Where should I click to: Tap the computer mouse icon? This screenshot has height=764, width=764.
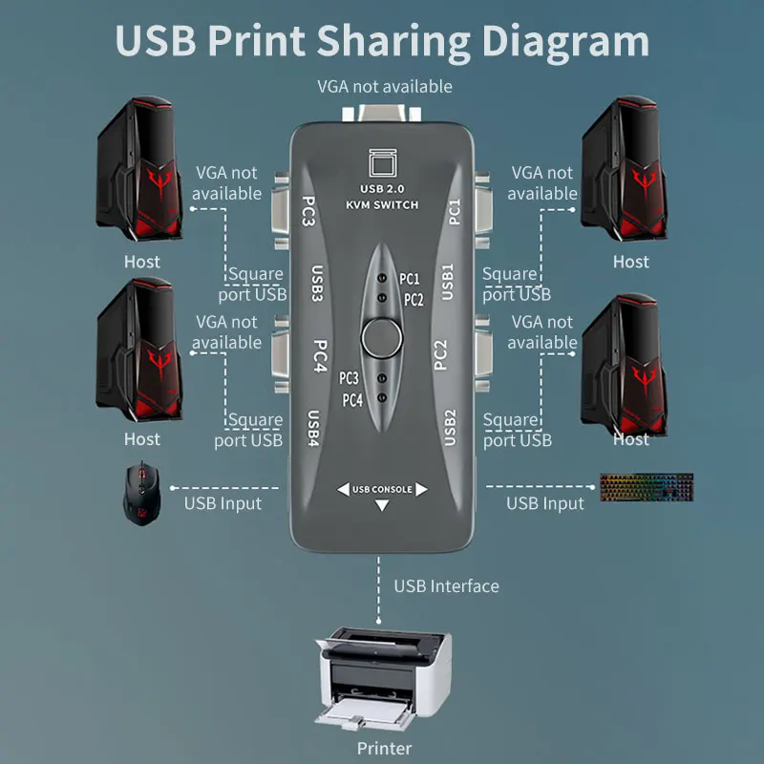pos(139,494)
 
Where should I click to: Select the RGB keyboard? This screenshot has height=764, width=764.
pos(647,486)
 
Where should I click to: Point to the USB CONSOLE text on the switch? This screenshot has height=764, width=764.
pos(382,490)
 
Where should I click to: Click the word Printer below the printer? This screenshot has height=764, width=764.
pos(384,748)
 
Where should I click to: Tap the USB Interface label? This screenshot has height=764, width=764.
pos(446,585)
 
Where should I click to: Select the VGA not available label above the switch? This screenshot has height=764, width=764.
pos(385,87)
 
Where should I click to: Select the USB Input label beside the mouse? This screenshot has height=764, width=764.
pos(223,503)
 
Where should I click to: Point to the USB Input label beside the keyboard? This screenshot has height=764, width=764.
pos(544,503)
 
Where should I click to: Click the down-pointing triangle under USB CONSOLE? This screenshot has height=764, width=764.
pos(382,506)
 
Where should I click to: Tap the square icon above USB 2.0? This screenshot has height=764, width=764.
pos(381,163)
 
